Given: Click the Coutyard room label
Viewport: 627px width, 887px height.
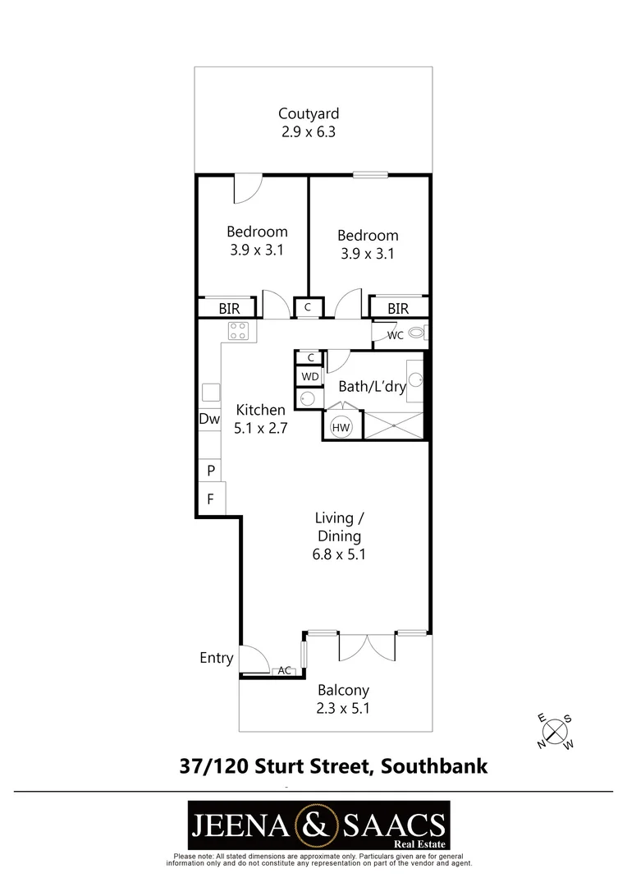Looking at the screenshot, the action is click(x=309, y=113).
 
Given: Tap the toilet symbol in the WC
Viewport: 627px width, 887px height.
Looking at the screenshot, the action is click(x=418, y=333).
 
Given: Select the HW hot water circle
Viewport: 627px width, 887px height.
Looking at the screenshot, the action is click(x=341, y=428).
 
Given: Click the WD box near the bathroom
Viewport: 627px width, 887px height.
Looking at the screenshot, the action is click(x=310, y=377).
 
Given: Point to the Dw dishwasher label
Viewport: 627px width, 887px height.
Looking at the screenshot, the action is click(x=209, y=419).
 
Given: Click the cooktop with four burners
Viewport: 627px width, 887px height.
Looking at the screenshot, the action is click(x=239, y=331).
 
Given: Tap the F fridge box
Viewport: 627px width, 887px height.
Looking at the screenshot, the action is click(x=211, y=499).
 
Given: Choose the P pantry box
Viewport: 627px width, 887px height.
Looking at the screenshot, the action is click(x=210, y=470).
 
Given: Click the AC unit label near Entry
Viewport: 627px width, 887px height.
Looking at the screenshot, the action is click(x=285, y=670).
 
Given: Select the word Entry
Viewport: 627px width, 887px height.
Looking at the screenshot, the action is click(x=217, y=658).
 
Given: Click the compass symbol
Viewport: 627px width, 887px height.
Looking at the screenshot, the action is click(x=556, y=732).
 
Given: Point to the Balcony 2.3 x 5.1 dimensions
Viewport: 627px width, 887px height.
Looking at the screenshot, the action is click(x=343, y=708).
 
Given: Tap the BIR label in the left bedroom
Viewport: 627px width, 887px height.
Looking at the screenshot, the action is click(x=229, y=309).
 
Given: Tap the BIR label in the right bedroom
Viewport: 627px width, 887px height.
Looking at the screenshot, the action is click(x=398, y=309).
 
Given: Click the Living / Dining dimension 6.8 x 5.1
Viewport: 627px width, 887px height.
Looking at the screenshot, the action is click(x=339, y=554).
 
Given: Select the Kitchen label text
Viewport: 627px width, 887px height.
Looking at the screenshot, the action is click(x=261, y=410).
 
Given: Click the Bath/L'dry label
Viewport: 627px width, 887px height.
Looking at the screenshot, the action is click(x=372, y=387).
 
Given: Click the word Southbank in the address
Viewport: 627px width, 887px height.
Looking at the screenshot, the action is click(x=434, y=766).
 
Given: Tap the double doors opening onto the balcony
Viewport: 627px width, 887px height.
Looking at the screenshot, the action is click(x=367, y=648).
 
